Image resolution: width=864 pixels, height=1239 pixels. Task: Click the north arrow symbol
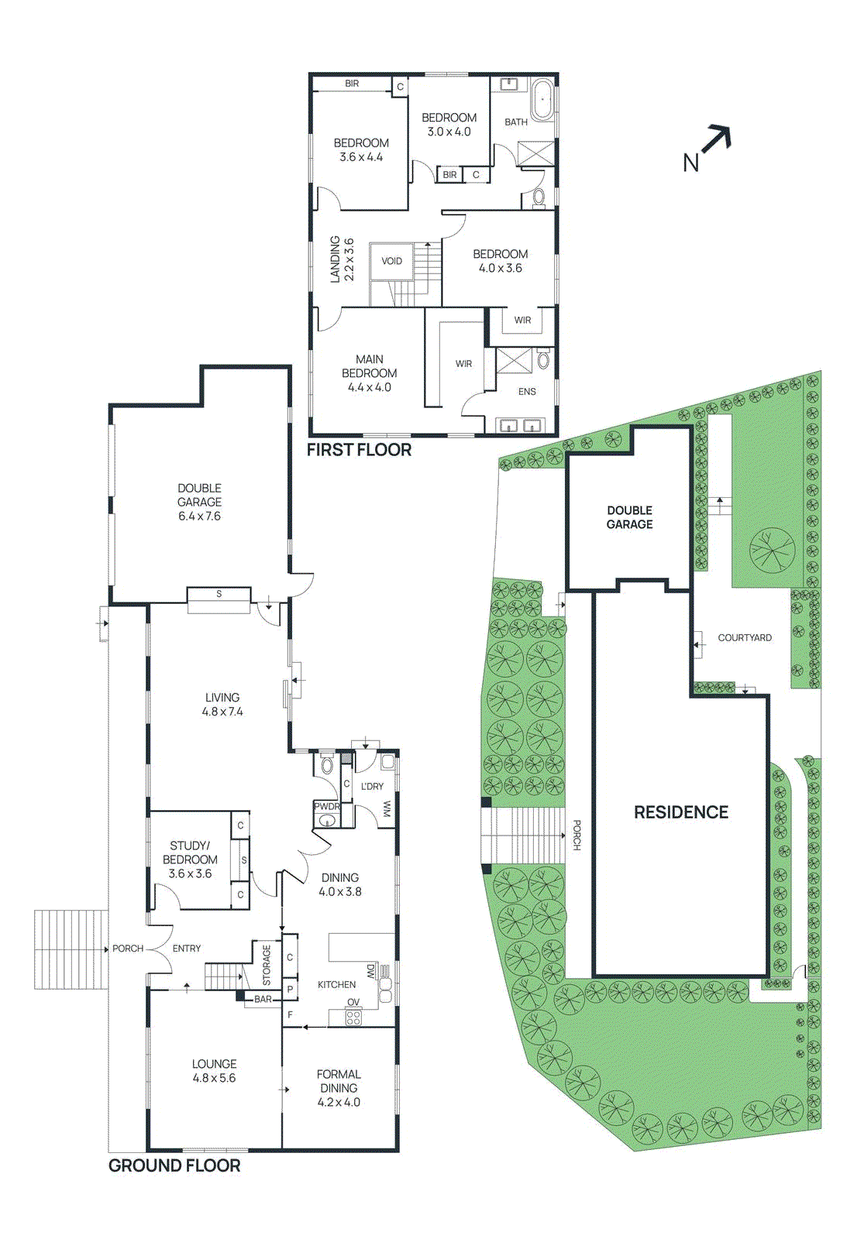714,142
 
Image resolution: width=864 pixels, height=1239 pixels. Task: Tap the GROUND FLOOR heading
174,1165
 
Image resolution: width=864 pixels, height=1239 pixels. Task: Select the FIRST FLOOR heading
359,450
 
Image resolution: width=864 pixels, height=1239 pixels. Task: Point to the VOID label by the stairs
392,261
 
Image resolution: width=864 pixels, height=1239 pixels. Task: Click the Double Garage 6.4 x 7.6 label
199,502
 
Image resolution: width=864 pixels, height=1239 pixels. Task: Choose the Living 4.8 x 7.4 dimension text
222,711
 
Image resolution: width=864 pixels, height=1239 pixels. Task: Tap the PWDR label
327,806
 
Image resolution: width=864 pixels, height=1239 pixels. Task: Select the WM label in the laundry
387,809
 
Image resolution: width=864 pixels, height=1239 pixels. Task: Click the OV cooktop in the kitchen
353,1017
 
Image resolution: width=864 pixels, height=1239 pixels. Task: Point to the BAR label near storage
263,999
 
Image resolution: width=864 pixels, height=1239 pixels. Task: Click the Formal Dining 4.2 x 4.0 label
339,1088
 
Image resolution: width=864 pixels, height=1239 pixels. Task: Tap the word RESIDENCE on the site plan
681,812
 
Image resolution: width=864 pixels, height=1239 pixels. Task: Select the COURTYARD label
745,637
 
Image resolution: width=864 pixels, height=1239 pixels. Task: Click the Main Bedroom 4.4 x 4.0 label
370,373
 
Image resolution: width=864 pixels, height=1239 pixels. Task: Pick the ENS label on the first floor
527,391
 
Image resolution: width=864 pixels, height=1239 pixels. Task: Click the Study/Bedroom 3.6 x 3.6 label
190,860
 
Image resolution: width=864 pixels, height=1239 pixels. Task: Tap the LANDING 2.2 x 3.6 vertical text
342,259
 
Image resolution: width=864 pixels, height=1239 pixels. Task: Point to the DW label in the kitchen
370,970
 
